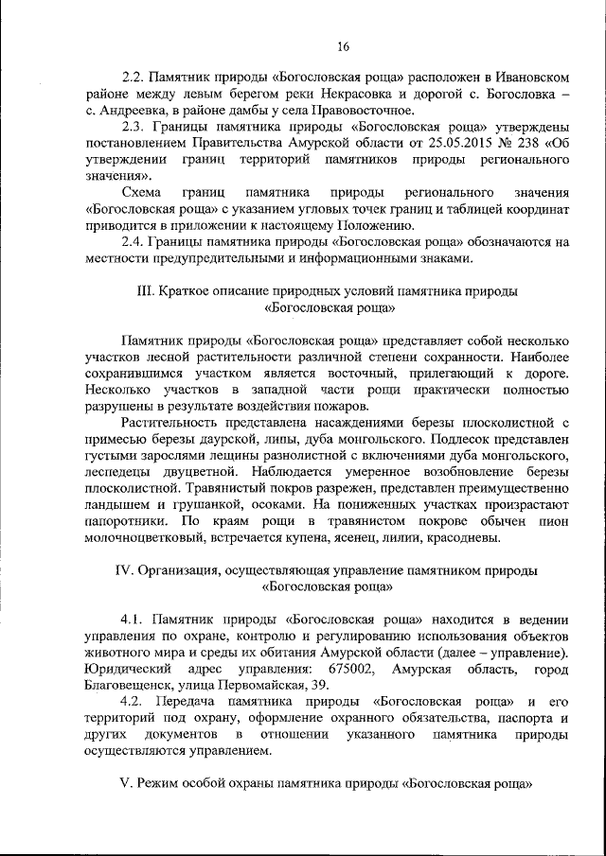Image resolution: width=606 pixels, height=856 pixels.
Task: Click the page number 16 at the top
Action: [344, 47]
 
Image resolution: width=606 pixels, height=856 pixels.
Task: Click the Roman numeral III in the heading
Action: [147, 290]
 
